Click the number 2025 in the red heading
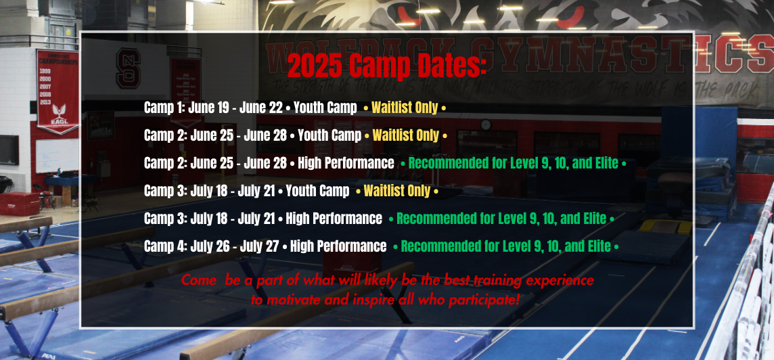(315, 65)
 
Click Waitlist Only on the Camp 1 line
(405, 108)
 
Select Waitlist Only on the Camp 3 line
(397, 191)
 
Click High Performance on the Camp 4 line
(338, 246)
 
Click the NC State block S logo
(129, 68)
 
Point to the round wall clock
(486, 125)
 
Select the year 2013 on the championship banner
(45, 102)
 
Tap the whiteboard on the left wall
(58, 156)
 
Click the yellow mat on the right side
(665, 227)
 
